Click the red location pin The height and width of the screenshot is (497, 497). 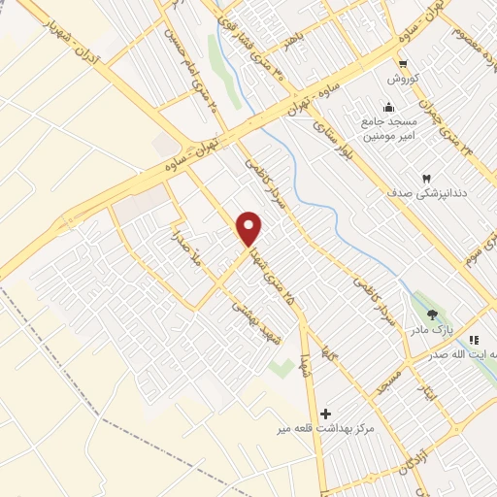tap(249, 228)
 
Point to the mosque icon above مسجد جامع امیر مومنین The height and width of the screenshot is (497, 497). tap(389, 107)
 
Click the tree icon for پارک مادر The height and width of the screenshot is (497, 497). tap(432, 314)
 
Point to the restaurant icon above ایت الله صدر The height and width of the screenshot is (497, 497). tap(474, 340)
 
